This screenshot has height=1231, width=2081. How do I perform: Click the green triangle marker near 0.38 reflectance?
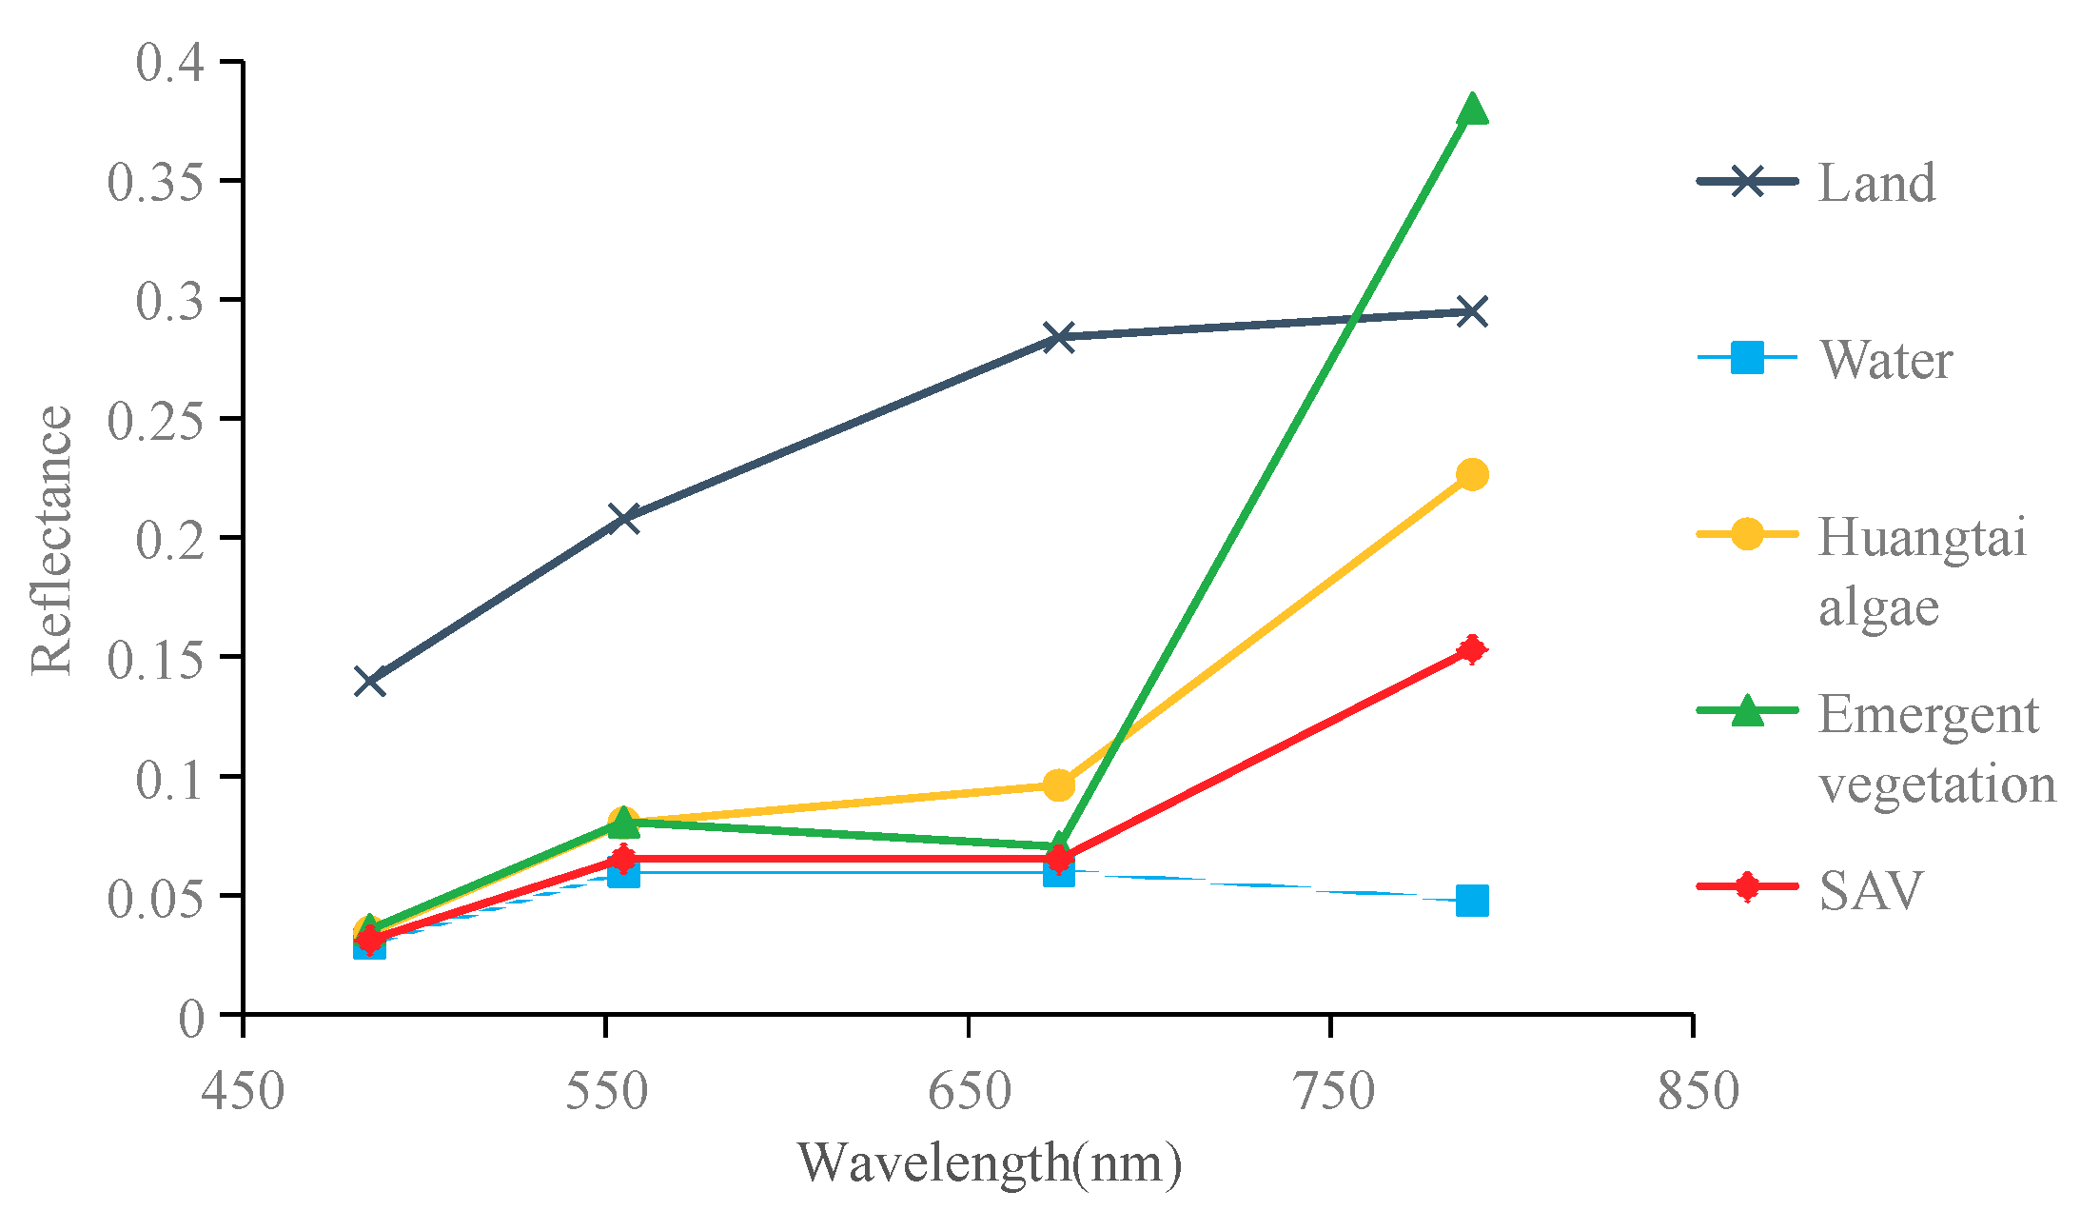point(1472,109)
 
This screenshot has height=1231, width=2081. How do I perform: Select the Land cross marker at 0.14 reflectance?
point(370,682)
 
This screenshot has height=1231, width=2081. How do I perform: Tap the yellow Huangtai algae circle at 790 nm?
point(1472,474)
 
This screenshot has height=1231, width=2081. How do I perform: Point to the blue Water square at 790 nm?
point(1472,900)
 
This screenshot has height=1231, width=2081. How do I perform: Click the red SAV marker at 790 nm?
point(1472,649)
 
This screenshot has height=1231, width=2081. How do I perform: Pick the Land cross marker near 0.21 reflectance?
point(623,518)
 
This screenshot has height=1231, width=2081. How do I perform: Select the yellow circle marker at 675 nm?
point(1058,785)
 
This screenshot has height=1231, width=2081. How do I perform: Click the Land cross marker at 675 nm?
point(1058,337)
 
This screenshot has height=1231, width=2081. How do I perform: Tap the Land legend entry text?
point(1876,183)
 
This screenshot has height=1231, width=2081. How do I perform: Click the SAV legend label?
point(1871,891)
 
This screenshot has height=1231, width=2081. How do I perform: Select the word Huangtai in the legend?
point(1922,537)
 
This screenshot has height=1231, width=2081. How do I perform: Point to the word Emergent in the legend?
point(1928,714)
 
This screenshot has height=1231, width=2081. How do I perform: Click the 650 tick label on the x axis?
point(969,1091)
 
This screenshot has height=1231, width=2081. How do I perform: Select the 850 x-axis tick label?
point(1698,1091)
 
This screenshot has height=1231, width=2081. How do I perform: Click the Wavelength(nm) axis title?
point(990,1163)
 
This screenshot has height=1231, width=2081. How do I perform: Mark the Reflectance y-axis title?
point(51,540)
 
